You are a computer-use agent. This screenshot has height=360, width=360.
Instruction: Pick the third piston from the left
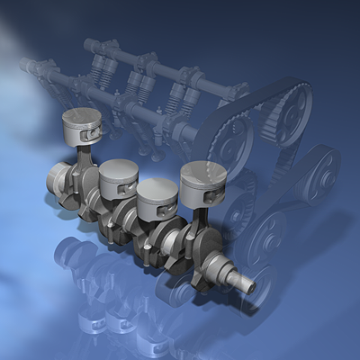[x=157, y=196]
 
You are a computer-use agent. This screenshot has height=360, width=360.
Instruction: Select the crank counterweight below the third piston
[x=153, y=238]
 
